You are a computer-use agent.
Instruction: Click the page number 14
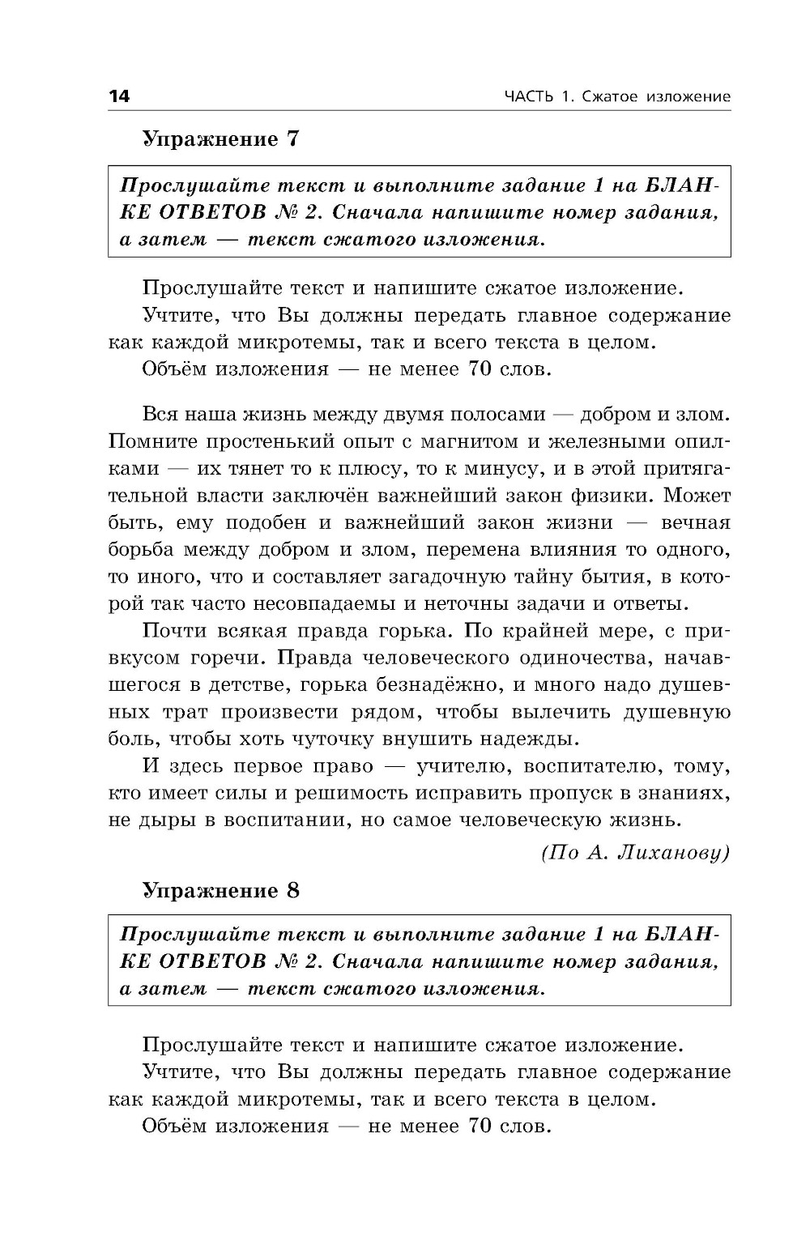coord(118,96)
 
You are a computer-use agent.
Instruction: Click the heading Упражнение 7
coord(220,138)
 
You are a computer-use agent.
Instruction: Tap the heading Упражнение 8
coord(220,889)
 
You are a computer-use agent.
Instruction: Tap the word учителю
coord(470,766)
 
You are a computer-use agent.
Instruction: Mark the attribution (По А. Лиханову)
coord(635,851)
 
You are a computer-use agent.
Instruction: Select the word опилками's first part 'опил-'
coord(699,442)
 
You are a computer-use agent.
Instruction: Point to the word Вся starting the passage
coord(162,415)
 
